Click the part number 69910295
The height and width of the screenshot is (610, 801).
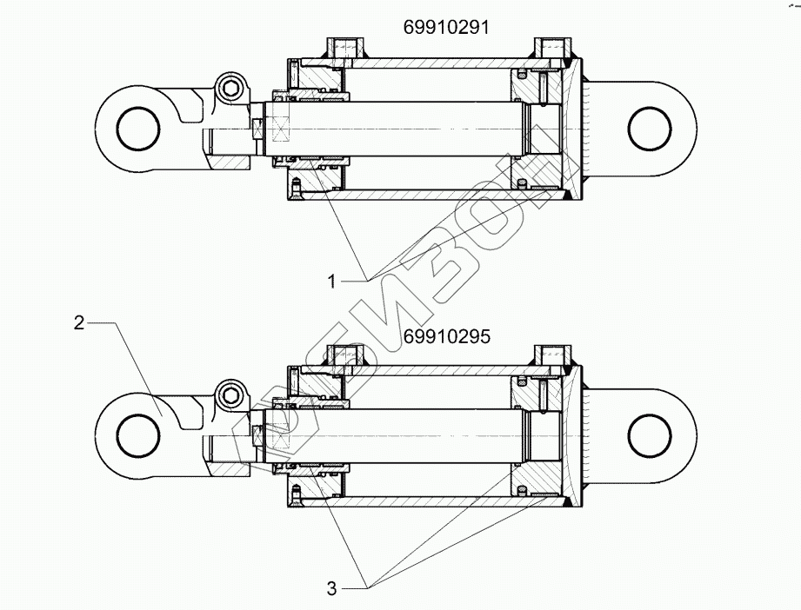point(446,336)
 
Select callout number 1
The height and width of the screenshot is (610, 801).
point(332,280)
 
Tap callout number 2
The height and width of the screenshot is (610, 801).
point(79,323)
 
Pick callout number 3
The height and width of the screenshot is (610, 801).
point(332,588)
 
